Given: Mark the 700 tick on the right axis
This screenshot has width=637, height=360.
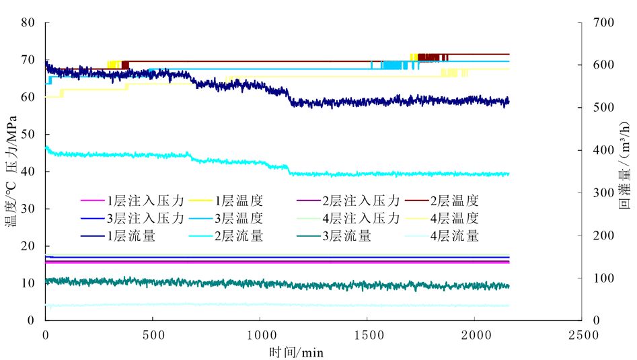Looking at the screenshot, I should (603, 22).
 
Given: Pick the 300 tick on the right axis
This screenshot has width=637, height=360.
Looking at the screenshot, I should (603, 193).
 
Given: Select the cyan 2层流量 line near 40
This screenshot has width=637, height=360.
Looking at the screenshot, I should (404, 174).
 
